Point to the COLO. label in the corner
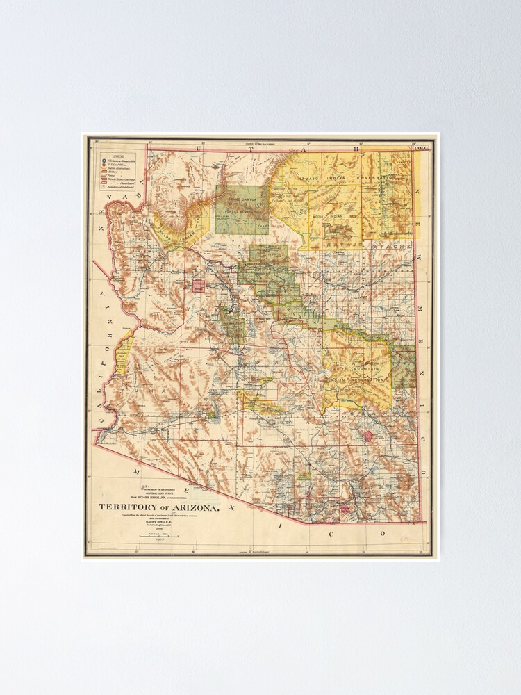pos(421,148)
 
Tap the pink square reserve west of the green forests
pos(199,285)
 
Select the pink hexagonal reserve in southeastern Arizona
pos(368,435)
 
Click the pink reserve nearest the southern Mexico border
pos(345,509)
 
